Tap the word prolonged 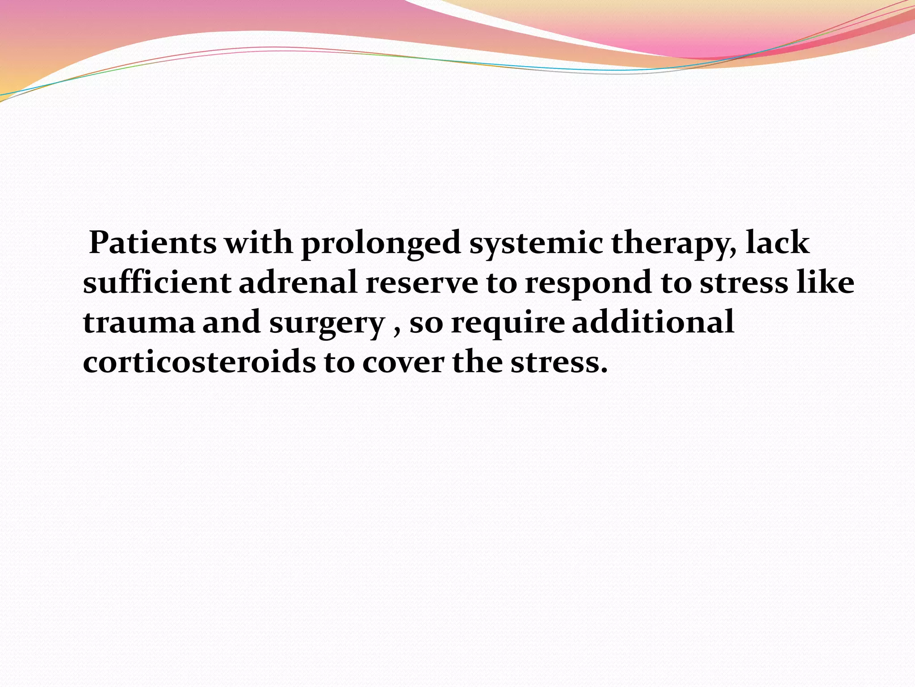[381, 244]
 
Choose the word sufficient [157, 283]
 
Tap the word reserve [422, 284]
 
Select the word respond [588, 284]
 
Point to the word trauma [139, 323]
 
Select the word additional [653, 322]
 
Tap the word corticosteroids [199, 362]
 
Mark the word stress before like [743, 284]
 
